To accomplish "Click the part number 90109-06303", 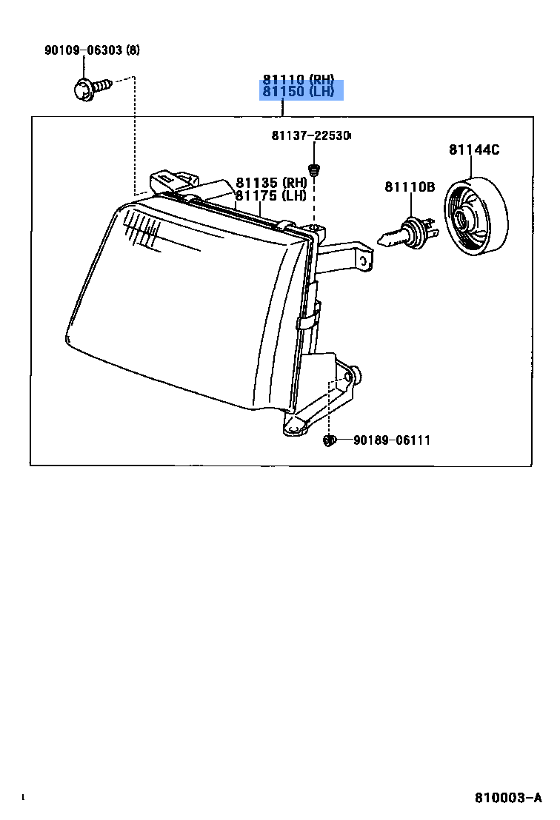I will point(84,50).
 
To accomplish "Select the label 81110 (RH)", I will point(298,79).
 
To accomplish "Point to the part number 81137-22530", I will point(310,136).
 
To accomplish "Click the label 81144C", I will point(473,150).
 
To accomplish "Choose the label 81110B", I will point(409,187).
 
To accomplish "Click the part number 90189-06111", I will point(391,440).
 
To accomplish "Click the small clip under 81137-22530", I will point(314,170).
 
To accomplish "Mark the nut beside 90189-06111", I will point(329,441).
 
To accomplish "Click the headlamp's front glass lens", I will point(185,303).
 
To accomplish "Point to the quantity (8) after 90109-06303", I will point(133,50).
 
